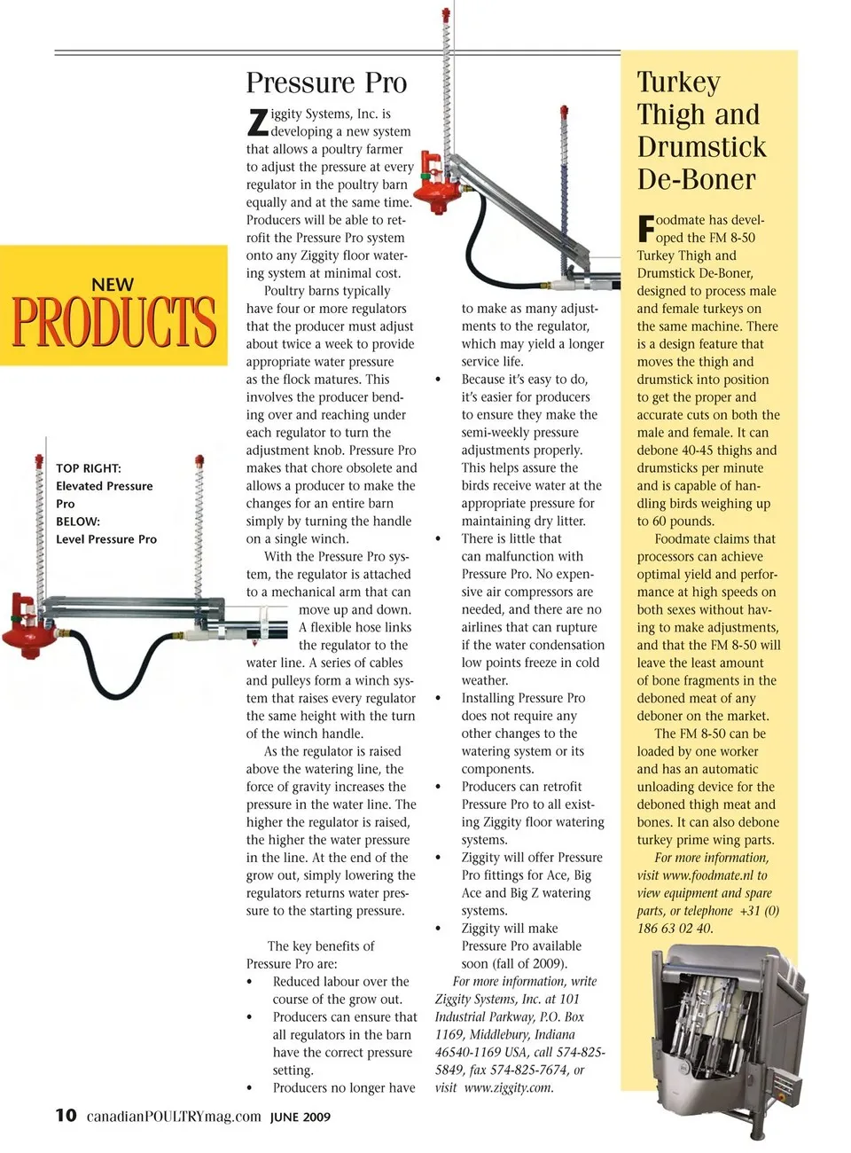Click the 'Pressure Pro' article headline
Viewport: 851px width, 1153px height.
tap(326, 82)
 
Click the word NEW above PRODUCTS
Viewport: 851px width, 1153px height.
tap(113, 285)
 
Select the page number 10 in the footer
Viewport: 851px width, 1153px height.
tap(66, 1115)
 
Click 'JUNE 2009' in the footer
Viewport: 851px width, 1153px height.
tap(301, 1117)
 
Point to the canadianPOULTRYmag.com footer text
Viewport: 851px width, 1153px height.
tap(174, 1116)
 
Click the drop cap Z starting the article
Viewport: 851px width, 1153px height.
tap(257, 122)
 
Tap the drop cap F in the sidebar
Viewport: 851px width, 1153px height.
tap(645, 229)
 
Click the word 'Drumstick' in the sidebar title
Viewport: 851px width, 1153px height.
tap(701, 147)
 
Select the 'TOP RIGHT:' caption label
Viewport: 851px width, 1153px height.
tap(89, 468)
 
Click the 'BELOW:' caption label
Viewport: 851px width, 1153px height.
tap(78, 522)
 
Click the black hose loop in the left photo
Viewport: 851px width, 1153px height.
tap(124, 674)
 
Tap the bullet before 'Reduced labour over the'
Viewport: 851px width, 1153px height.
tap(251, 982)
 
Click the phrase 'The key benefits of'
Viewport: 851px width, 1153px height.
tap(320, 946)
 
